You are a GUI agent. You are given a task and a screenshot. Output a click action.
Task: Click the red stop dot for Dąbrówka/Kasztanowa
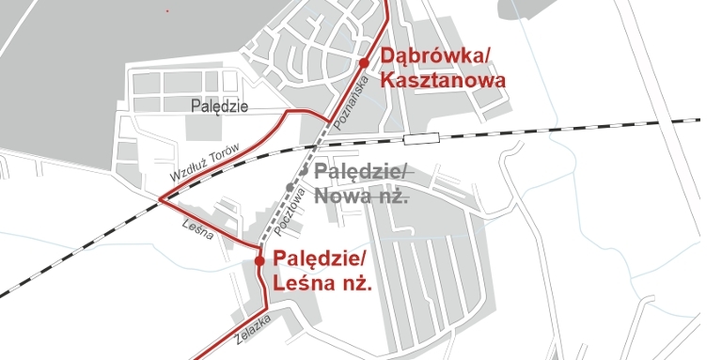364,63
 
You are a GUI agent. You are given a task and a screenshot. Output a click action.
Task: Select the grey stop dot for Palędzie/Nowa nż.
290,187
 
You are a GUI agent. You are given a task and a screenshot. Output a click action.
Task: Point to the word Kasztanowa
443,81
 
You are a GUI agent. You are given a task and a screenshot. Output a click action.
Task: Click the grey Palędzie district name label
218,106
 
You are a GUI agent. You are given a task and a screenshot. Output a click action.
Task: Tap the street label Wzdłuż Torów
206,163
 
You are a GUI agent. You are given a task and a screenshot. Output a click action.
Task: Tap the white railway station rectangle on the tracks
421,138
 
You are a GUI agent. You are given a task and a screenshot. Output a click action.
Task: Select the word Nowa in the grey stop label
343,196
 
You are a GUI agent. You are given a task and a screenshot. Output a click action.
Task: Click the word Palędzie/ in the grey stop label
361,173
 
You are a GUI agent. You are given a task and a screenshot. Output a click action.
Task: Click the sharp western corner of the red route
161,199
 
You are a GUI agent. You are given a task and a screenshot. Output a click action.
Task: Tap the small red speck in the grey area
167,10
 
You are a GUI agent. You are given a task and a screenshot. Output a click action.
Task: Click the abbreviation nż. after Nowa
394,196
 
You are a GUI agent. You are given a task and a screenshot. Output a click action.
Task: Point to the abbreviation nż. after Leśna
354,282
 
